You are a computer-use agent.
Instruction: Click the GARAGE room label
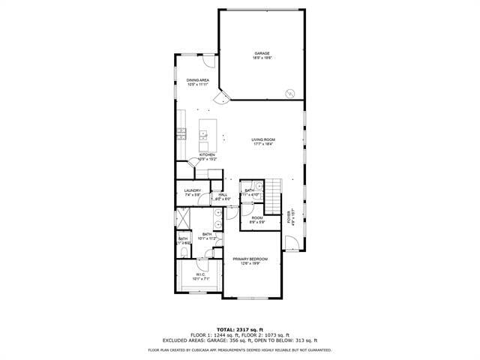[x=262, y=53]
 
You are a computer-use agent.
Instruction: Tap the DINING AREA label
[x=198, y=79]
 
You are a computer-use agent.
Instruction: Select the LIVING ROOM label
[x=263, y=139]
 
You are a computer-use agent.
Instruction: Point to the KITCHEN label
[x=207, y=155]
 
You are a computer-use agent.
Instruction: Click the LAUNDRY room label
[x=193, y=190]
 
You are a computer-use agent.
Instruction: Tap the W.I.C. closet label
[x=200, y=274]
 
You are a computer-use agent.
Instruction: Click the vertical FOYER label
[x=289, y=217]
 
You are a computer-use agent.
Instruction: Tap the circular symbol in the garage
[x=289, y=93]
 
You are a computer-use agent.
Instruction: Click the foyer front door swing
[x=290, y=243]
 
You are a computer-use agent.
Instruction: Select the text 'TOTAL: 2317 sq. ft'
[x=239, y=329]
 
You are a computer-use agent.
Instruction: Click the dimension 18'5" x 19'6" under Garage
[x=262, y=58]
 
